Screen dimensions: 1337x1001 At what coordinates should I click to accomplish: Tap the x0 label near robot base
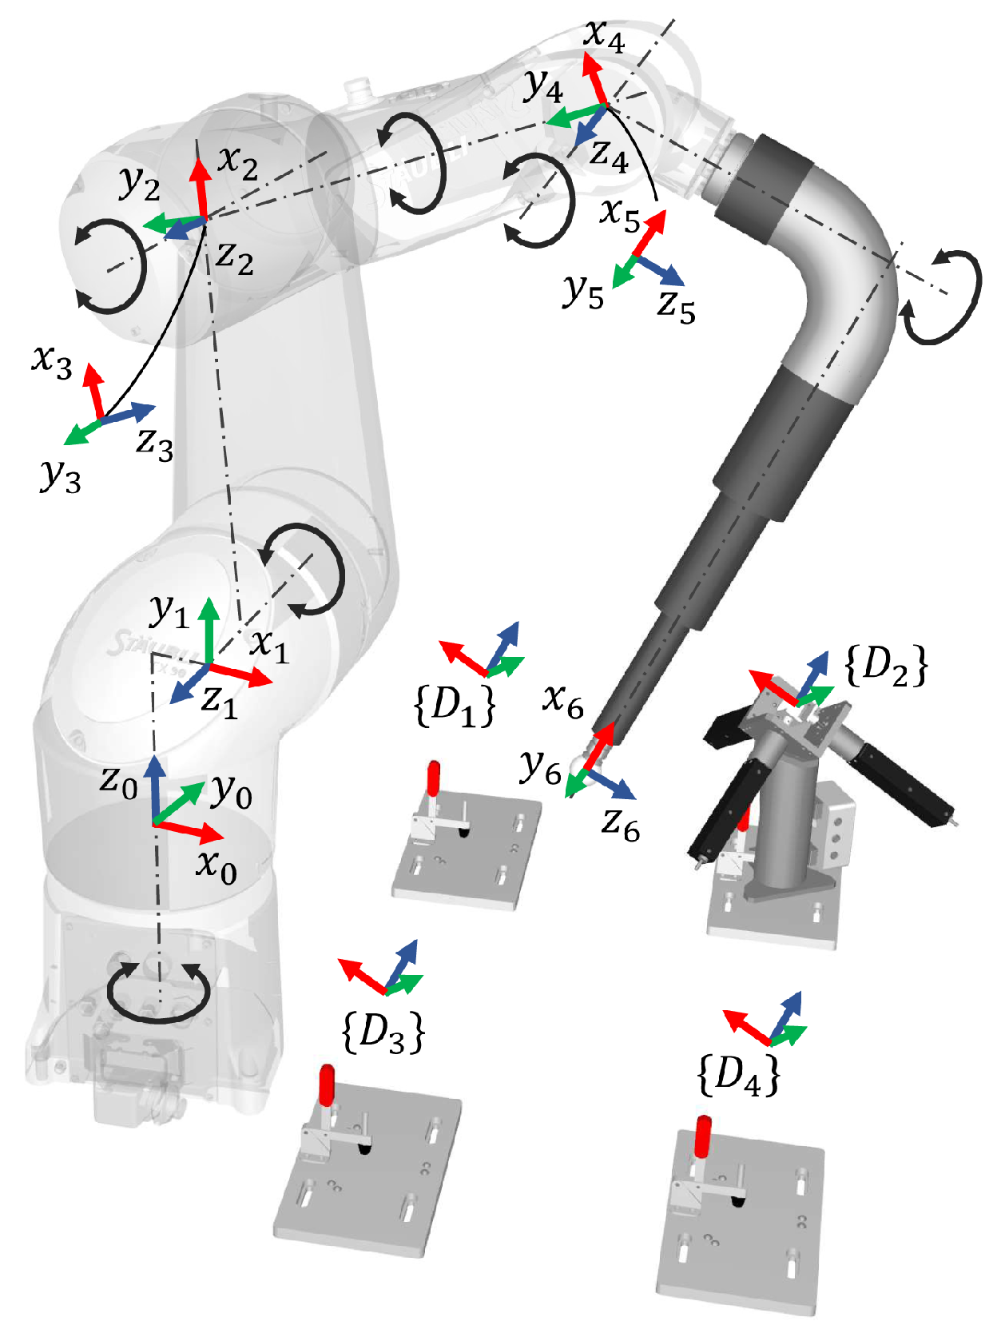216,866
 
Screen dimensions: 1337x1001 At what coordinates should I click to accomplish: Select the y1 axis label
169,612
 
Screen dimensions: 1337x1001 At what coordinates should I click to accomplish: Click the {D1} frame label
455,706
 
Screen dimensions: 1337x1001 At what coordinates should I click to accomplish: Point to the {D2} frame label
886,666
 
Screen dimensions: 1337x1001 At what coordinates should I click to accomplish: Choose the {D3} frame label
383,1033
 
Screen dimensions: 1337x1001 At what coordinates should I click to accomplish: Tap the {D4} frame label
738,1075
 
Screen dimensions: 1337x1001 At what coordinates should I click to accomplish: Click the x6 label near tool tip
563,701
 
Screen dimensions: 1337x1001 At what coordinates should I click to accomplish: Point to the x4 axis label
604,36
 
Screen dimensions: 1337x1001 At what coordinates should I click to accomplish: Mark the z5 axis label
676,306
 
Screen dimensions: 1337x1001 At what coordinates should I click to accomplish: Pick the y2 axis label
140,183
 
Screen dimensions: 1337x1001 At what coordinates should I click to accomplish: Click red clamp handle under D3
327,1084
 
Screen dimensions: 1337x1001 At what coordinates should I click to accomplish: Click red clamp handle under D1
433,778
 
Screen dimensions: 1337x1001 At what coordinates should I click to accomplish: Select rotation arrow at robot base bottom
158,994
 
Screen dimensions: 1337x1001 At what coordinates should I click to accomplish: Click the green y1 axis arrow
209,627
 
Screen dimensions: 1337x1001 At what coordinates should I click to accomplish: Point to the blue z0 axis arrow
154,787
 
